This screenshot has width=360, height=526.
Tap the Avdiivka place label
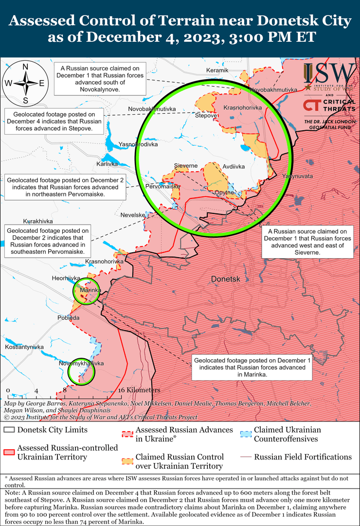point(234,166)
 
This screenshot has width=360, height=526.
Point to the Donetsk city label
point(226,279)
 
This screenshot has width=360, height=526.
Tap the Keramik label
point(217,70)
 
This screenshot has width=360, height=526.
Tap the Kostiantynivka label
point(24,347)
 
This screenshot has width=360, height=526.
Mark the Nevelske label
point(133,215)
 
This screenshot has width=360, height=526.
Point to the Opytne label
point(225,193)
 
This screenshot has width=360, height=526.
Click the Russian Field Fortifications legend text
point(303,457)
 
